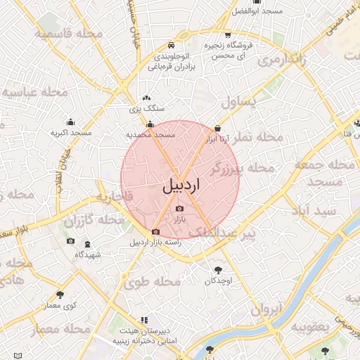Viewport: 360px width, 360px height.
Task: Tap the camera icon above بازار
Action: click(179, 210)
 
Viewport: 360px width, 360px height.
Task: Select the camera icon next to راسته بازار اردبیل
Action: click(155, 231)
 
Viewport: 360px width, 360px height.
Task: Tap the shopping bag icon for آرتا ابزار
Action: click(217, 129)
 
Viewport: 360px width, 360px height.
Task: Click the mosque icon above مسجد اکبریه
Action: click(70, 122)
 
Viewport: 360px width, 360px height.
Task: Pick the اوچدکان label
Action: click(218, 281)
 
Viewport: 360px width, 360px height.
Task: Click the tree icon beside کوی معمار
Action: click(59, 295)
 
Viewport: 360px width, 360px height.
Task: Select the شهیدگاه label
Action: click(86, 254)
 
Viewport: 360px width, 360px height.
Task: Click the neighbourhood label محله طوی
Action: click(153, 282)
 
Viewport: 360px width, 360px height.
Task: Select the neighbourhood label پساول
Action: click(239, 103)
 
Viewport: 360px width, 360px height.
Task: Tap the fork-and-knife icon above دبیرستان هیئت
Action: click(144, 320)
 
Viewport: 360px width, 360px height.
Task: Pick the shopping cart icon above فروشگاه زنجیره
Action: click(227, 34)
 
